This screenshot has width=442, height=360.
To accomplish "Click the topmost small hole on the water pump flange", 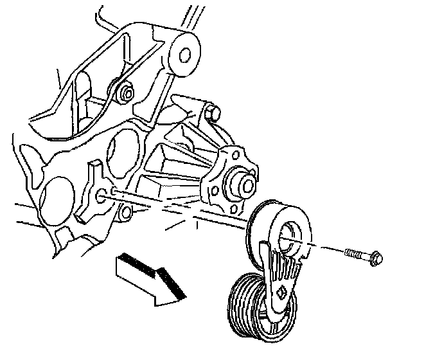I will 229,155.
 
